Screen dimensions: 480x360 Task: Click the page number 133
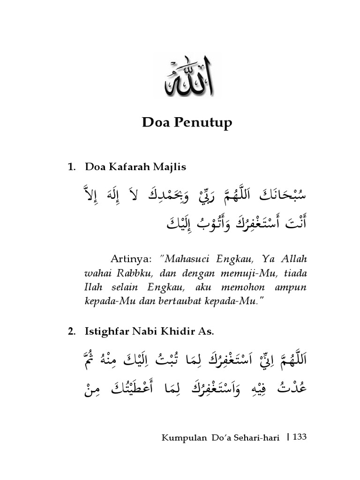click(299, 437)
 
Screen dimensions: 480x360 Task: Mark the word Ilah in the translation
click(92, 287)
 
